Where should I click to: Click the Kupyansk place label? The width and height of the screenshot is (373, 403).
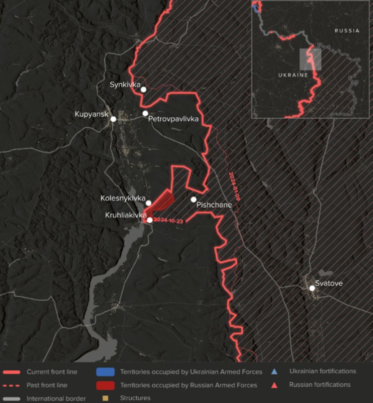(92, 114)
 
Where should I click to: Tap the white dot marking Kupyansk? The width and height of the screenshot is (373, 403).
(113, 119)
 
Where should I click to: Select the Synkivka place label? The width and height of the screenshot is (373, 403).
(125, 84)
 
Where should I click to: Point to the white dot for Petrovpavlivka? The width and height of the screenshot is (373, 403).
(145, 113)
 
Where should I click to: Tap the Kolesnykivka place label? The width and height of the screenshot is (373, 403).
(123, 198)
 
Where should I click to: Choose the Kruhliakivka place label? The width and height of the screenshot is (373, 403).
(126, 215)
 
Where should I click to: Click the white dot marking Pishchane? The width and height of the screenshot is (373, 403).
(194, 199)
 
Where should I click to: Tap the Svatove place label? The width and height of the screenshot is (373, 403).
(329, 283)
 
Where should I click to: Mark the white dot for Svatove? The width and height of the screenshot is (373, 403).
(312, 288)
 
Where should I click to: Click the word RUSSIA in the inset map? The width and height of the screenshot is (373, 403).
(346, 31)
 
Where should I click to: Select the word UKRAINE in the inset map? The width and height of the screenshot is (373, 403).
(294, 75)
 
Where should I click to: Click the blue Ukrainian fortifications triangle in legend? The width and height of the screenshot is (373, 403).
(274, 372)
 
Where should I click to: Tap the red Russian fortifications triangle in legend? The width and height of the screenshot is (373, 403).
(274, 385)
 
